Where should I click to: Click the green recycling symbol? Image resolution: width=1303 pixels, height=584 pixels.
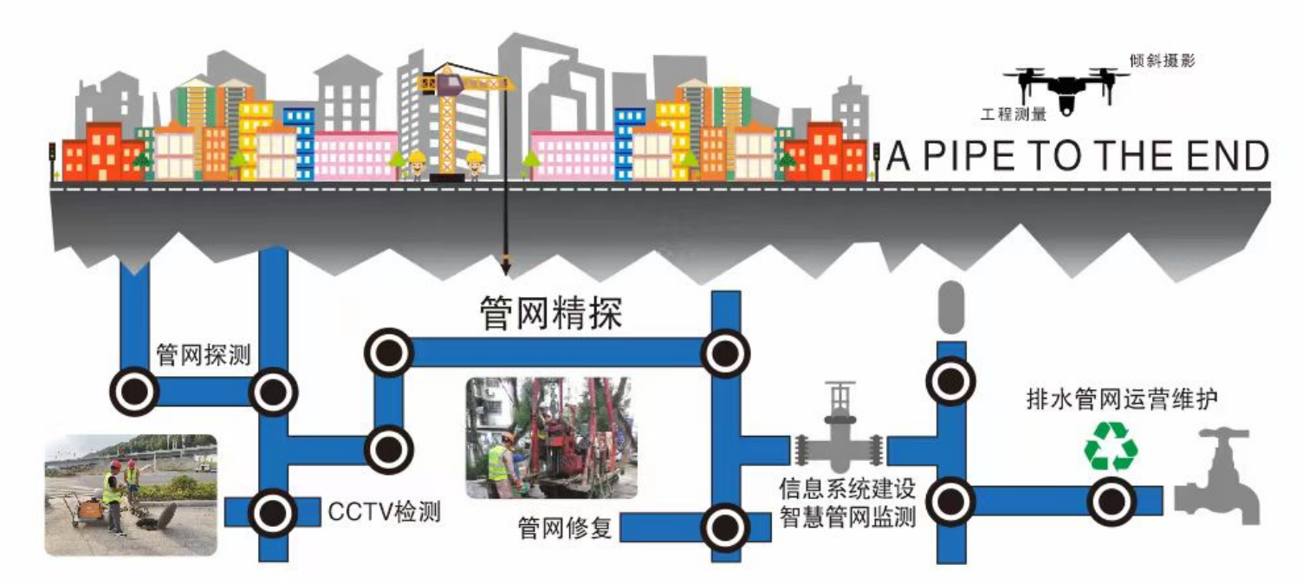[x=1111, y=445]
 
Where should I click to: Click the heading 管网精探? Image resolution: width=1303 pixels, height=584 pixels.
[x=551, y=313]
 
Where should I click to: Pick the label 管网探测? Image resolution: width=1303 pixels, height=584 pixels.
[x=203, y=354]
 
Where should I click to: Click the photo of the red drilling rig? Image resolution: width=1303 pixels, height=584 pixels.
[x=551, y=438]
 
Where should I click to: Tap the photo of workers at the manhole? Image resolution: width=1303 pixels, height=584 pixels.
[x=131, y=494]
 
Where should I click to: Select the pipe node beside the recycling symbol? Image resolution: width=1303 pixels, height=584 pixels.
[x=1112, y=501]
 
